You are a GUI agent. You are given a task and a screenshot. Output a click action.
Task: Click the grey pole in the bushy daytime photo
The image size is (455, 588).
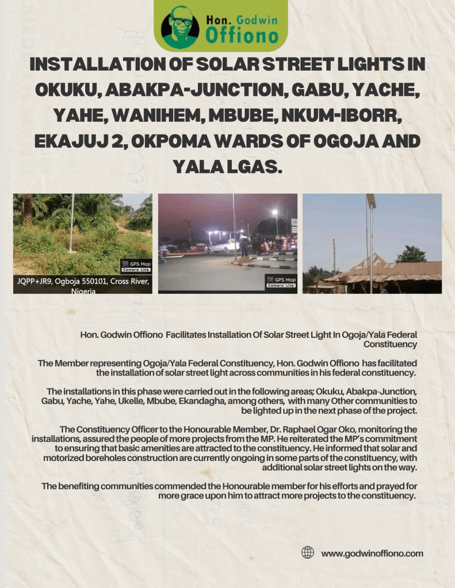point(71,224)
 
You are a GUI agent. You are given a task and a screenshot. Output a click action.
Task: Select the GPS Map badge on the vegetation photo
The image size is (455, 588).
point(136,267)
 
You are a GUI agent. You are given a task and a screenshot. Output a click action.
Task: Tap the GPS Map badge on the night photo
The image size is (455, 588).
point(281,282)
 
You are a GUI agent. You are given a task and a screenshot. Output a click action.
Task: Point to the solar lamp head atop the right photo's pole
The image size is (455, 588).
point(371,201)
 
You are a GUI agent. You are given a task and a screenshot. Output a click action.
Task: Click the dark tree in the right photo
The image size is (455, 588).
point(411,254)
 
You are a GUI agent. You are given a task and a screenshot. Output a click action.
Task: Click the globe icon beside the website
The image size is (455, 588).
point(308,553)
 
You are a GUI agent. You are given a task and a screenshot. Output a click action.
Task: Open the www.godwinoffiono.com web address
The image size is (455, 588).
point(372,554)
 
